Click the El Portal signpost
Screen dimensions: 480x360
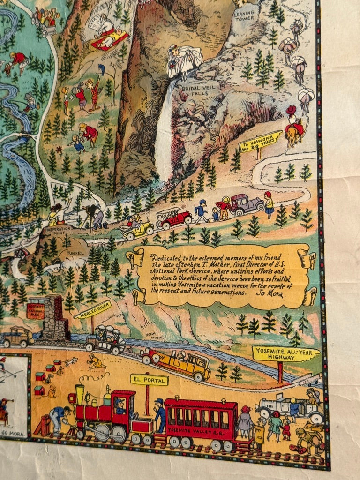tap(149, 380)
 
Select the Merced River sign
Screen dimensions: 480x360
tap(92, 310)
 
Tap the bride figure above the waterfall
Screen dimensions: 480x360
tap(183, 60)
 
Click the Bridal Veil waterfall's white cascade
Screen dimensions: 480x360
tap(164, 141)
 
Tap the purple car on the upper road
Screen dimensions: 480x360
tap(246, 204)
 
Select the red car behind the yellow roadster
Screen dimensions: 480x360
tap(175, 217)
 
